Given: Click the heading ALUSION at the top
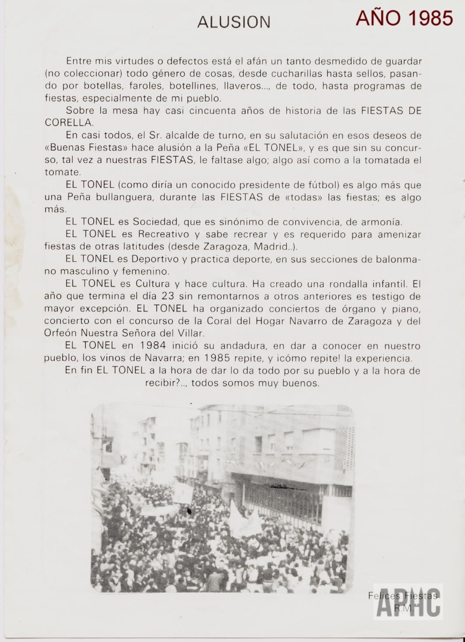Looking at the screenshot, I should pos(234,22).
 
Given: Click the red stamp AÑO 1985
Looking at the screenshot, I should pos(404,18).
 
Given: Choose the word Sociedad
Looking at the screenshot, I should pos(156,221).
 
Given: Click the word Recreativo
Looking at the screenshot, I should pos(163,234).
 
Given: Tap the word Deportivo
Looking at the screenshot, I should pos(156,259).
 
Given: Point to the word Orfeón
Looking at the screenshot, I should pos(60,333).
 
